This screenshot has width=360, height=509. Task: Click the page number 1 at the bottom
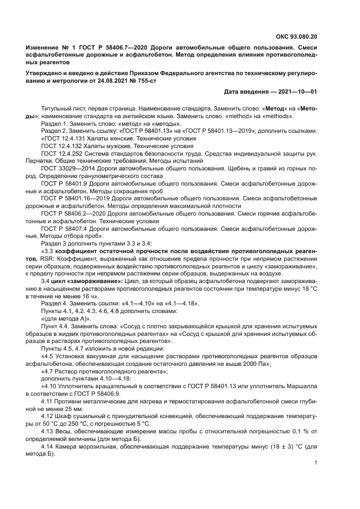click(x=316, y=462)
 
